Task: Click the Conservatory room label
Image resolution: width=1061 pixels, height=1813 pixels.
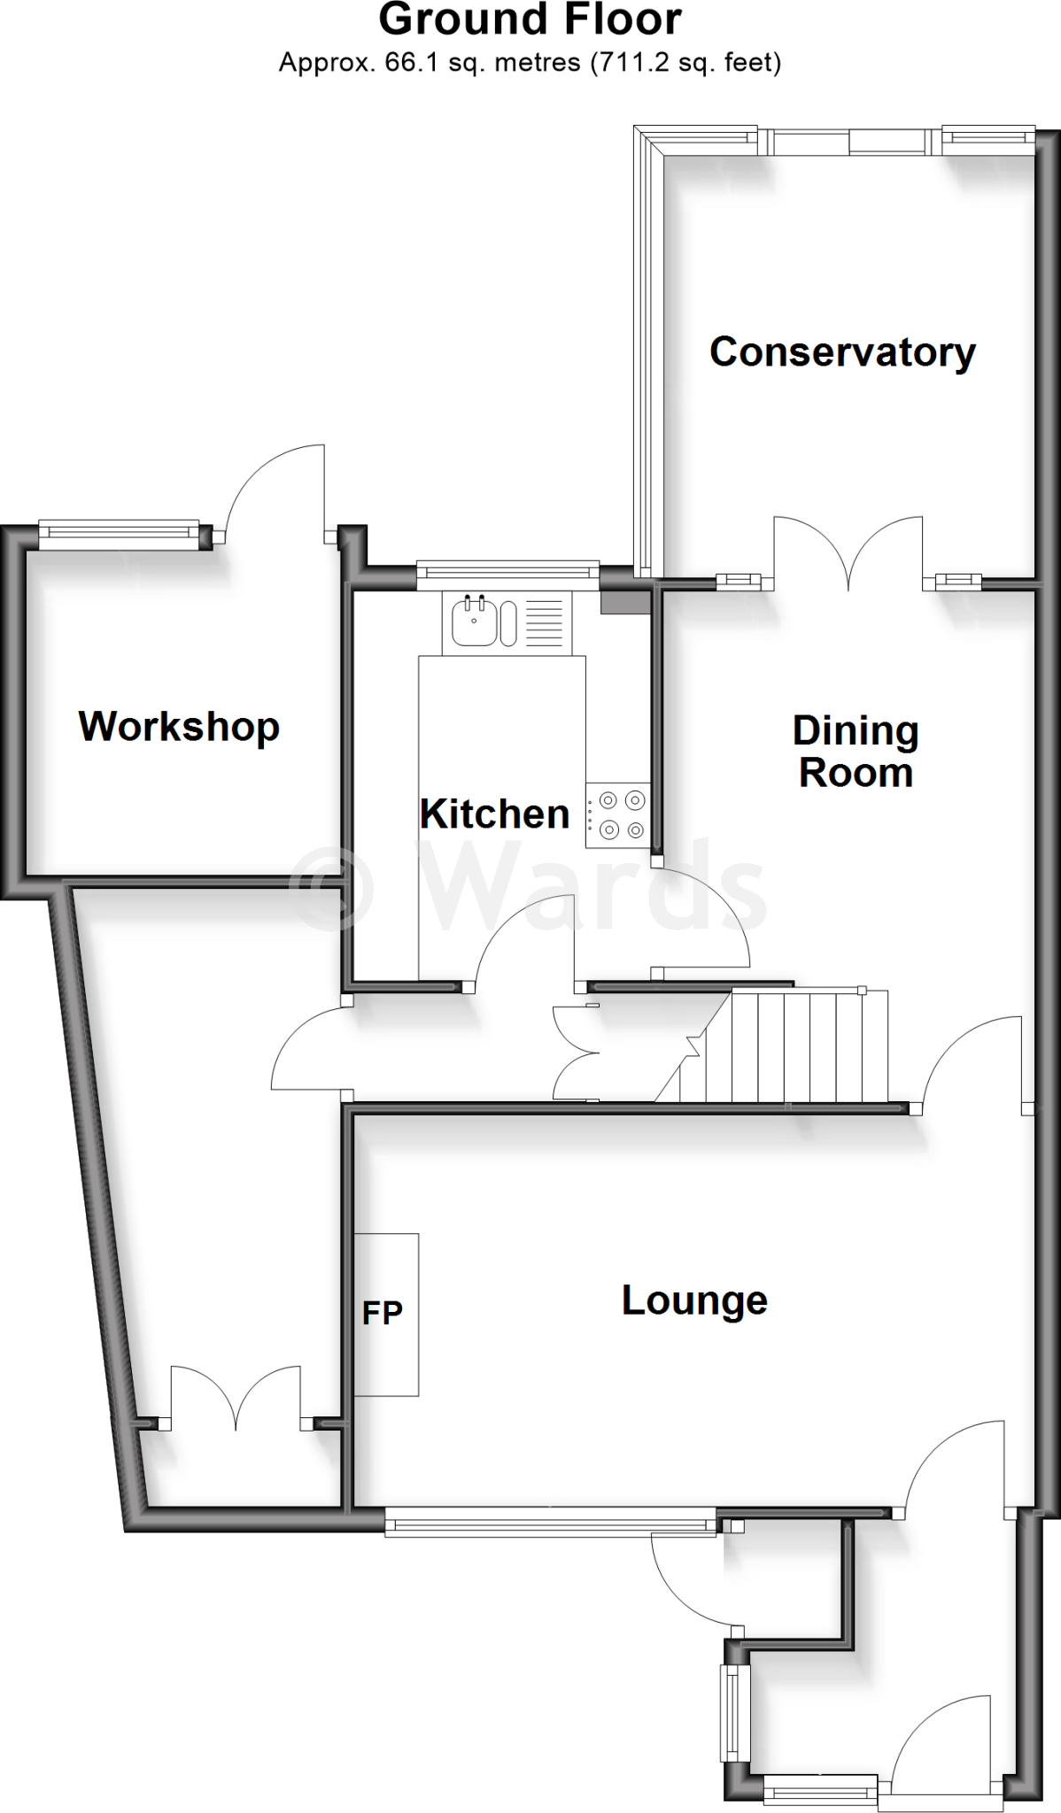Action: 841,352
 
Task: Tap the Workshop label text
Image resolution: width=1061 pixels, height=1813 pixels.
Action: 179,727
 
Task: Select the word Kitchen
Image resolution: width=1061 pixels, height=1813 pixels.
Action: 494,814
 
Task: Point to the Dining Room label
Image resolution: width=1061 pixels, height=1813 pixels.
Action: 856,752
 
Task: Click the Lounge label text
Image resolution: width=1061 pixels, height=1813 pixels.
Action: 694,1300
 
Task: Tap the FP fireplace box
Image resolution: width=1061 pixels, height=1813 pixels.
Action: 385,1314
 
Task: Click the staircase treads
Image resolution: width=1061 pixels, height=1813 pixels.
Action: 797,1046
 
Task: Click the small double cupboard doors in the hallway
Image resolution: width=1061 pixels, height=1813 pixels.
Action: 576,1053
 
